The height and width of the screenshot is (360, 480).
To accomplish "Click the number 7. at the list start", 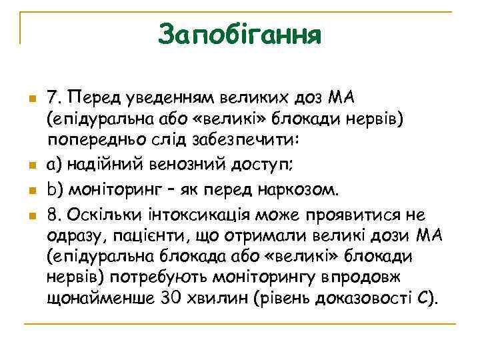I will (55, 98).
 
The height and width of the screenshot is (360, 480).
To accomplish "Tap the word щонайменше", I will (99, 299).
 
